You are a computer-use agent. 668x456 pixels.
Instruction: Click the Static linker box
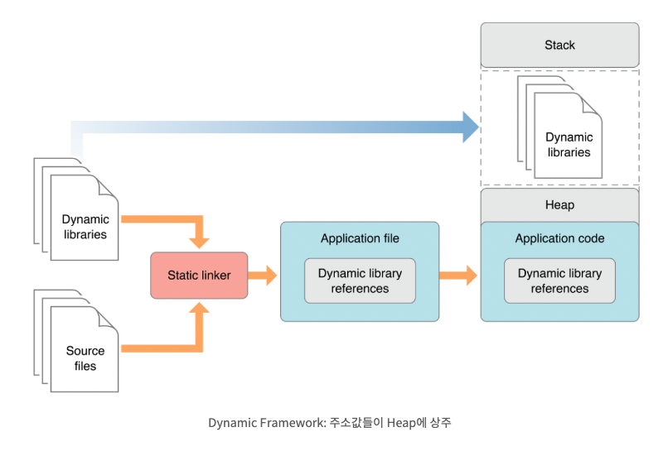pyautogui.click(x=199, y=276)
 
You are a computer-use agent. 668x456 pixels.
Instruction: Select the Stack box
pyautogui.click(x=559, y=45)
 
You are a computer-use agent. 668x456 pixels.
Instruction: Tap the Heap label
pyautogui.click(x=559, y=204)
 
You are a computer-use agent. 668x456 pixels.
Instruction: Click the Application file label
pyautogui.click(x=360, y=238)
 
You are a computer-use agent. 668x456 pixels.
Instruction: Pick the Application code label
pyautogui.click(x=559, y=238)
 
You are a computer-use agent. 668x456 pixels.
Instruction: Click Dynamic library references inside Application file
pyautogui.click(x=360, y=281)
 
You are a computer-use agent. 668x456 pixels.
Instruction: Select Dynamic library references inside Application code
pyautogui.click(x=559, y=281)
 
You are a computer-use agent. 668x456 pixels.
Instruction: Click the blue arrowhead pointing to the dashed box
pyautogui.click(x=471, y=127)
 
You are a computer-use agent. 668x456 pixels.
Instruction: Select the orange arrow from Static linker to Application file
pyautogui.click(x=264, y=276)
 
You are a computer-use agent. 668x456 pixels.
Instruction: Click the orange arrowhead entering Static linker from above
pyautogui.click(x=199, y=242)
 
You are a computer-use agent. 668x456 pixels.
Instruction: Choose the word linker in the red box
pyautogui.click(x=216, y=276)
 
